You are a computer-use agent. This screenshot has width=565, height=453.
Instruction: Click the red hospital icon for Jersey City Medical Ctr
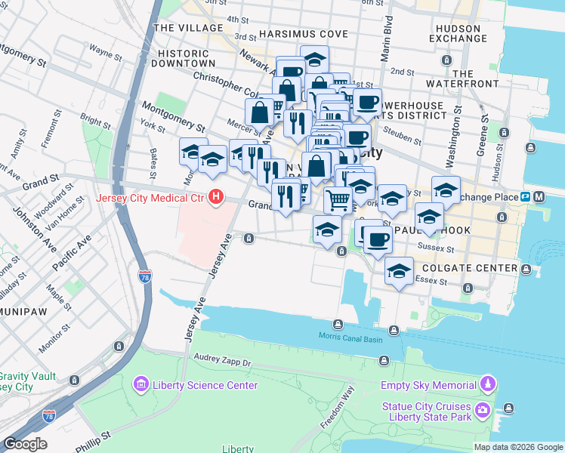click(x=217, y=198)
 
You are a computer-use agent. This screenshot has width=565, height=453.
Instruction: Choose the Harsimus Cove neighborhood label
click(x=303, y=34)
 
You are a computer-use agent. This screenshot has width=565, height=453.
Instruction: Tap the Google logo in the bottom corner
click(x=24, y=444)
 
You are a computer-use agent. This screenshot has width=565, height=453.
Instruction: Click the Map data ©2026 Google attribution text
click(x=518, y=447)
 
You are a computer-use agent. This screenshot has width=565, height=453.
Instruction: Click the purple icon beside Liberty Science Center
click(x=140, y=385)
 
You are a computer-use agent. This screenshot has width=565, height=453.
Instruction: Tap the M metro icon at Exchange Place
click(x=540, y=197)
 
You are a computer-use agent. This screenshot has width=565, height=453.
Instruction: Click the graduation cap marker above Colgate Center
click(x=399, y=271)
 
